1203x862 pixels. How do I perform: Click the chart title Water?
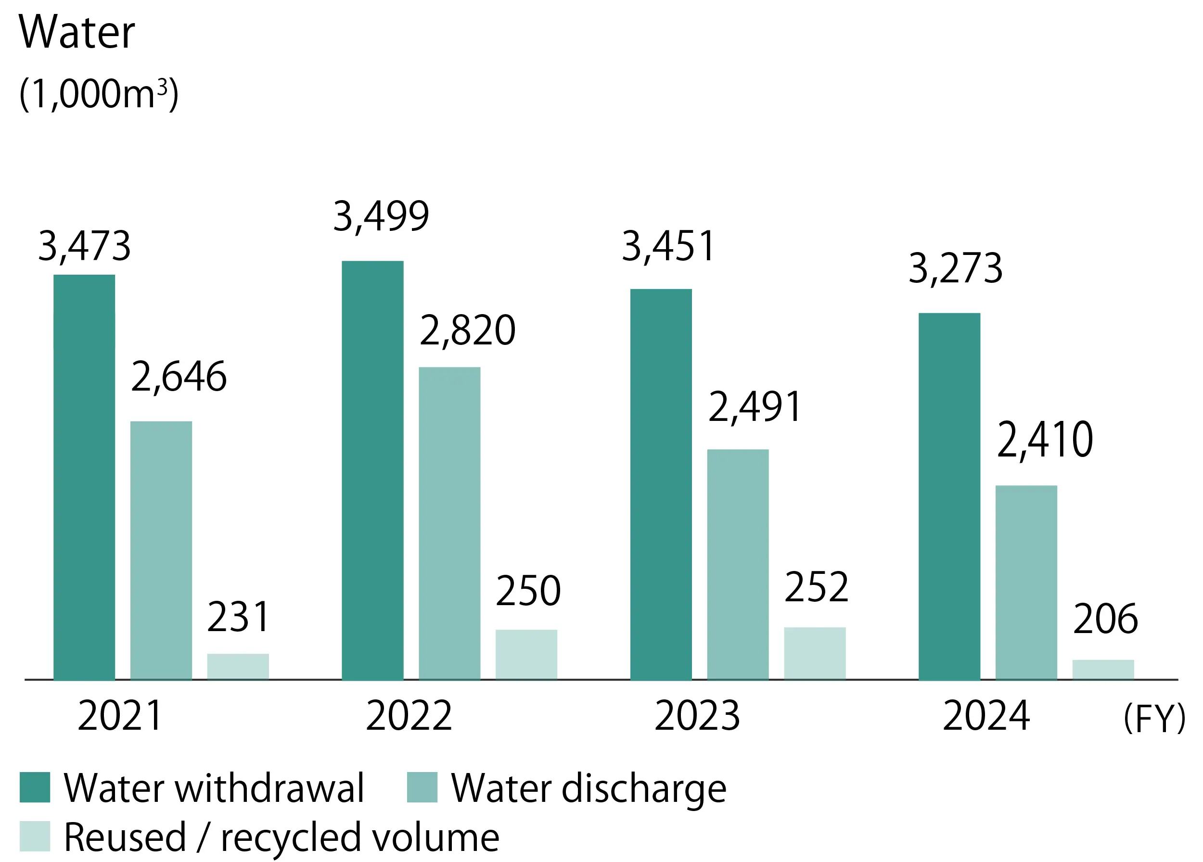click(x=77, y=32)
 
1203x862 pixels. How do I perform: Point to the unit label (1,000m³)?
click(x=99, y=94)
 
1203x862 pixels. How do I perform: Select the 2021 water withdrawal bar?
click(x=84, y=477)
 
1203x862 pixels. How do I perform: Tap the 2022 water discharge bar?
click(x=449, y=523)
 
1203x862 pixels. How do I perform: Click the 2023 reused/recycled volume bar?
click(x=815, y=653)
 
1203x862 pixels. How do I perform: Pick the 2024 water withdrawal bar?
click(x=949, y=496)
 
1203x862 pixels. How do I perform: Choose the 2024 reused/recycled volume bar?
click(x=1103, y=669)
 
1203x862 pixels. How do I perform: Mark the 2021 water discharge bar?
click(x=161, y=550)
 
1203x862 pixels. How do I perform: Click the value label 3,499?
click(x=381, y=216)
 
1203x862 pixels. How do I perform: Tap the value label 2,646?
click(x=179, y=377)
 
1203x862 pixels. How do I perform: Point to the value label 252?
click(x=816, y=587)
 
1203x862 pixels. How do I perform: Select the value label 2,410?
click(x=1045, y=440)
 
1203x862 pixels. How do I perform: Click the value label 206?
click(x=1105, y=619)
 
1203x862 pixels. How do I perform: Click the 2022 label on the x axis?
click(x=409, y=716)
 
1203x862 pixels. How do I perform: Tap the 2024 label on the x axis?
click(x=986, y=716)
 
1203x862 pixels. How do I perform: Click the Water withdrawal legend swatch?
click(x=35, y=787)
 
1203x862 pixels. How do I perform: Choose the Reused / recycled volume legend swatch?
click(x=35, y=836)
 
